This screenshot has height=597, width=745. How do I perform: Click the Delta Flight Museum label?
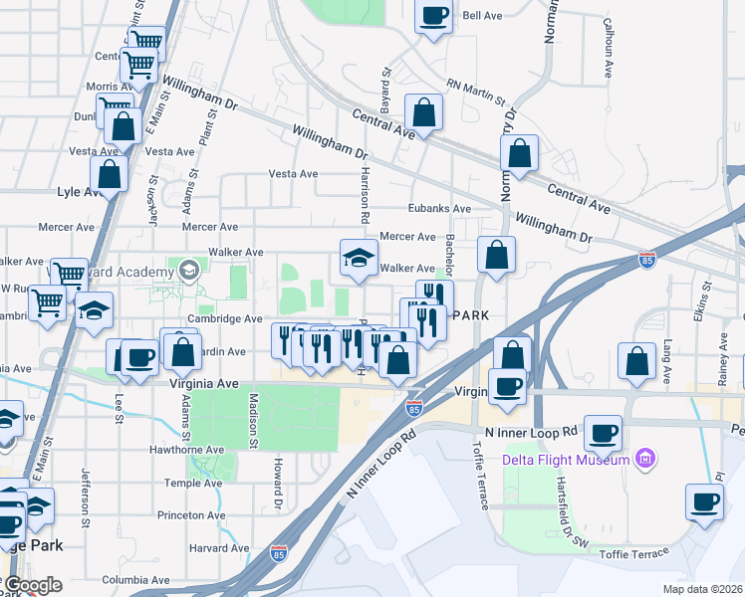[570, 459]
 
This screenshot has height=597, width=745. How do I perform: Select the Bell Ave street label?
[482, 16]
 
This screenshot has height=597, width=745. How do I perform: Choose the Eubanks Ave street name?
[439, 208]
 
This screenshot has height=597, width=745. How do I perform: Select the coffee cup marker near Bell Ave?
[433, 17]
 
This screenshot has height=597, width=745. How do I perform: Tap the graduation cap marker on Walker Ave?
[359, 258]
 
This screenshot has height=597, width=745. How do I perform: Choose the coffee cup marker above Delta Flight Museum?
[604, 432]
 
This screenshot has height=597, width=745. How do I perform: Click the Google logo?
[33, 585]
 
